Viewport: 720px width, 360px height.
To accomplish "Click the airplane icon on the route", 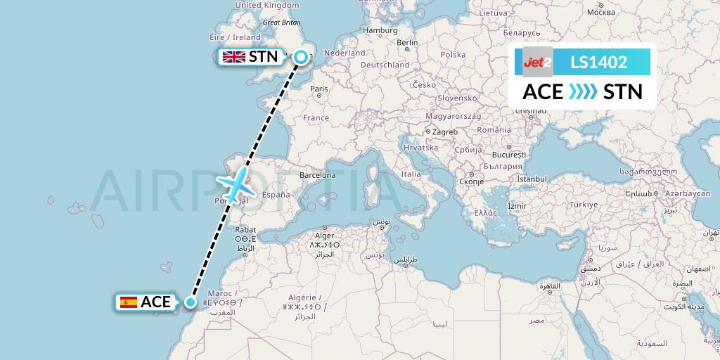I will (x=238, y=184).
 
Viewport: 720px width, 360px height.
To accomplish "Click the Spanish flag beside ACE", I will (x=129, y=302).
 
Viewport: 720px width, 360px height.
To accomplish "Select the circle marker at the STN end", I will (x=302, y=58).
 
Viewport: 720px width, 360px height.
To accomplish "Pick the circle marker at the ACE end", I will (x=190, y=302).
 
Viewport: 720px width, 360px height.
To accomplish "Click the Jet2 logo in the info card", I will (x=538, y=62).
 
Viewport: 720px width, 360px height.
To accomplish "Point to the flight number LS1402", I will (x=598, y=62).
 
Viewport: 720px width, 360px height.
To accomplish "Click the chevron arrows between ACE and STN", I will (x=583, y=91).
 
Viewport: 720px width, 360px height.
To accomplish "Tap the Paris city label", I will (x=319, y=89).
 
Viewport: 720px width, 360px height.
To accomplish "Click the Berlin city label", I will (x=407, y=42).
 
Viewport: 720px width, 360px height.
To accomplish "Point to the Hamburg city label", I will (x=380, y=30).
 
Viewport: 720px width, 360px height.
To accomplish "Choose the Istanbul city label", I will (x=532, y=179).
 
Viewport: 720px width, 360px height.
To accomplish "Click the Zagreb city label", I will (x=445, y=131).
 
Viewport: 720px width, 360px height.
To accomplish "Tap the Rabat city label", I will (x=245, y=229).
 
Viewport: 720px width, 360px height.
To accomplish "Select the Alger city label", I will (x=324, y=236).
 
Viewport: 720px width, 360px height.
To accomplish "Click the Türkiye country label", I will (x=583, y=204).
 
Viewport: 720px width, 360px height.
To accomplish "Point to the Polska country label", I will (x=454, y=54).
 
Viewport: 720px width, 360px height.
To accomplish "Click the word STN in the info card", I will (x=623, y=91).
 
